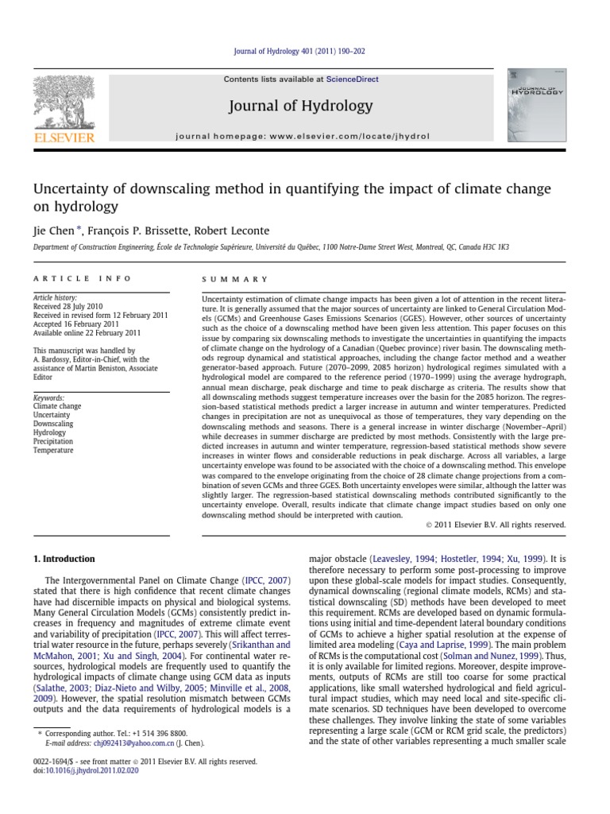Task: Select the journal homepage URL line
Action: coord(302,136)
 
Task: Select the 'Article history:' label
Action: coord(54,297)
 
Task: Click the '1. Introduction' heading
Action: coord(64,559)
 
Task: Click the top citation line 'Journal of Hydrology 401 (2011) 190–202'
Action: coord(305,52)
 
